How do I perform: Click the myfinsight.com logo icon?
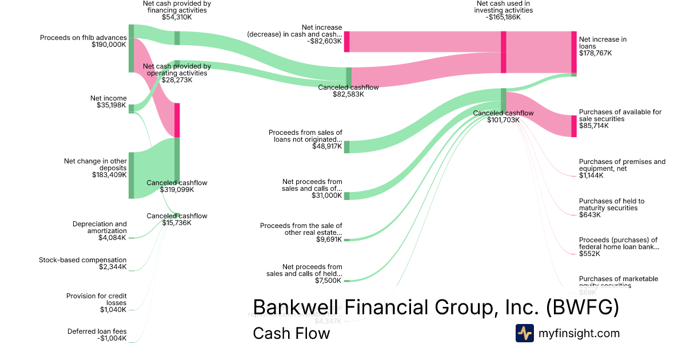click(525, 333)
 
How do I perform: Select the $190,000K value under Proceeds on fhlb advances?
click(109, 45)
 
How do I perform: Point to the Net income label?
click(109, 98)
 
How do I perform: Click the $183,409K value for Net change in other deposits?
click(109, 175)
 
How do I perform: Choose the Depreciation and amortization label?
click(99, 227)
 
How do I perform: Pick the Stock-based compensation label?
click(83, 260)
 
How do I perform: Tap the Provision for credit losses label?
click(96, 299)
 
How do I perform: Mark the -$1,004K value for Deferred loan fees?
click(111, 338)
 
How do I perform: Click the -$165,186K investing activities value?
click(504, 17)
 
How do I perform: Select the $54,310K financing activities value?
click(177, 17)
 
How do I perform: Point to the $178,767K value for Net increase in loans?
click(595, 53)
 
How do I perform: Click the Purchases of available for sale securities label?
click(620, 115)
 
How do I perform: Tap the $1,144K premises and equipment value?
click(591, 175)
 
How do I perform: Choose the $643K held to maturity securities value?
click(589, 215)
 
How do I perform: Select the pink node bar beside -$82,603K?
click(346, 42)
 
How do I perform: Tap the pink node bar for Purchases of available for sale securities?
click(574, 126)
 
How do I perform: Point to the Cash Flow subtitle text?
click(291, 333)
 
